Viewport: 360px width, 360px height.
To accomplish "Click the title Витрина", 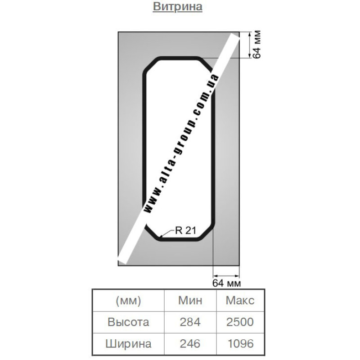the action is coord(177,7).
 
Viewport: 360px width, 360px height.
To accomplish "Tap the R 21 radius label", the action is coord(185,230).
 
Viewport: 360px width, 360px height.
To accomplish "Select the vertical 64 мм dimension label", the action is coord(256,44).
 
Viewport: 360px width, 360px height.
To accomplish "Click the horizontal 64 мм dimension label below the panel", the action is coord(227,283).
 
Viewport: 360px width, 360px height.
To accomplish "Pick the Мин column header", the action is coord(190,300).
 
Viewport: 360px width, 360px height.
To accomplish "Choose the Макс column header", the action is coord(240,300).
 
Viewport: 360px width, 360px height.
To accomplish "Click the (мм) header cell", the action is coord(128,301).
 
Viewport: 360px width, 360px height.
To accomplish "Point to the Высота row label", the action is coord(128,322).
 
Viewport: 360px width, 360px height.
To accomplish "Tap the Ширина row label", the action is coord(128,344).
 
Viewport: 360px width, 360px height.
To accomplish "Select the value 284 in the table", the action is coord(190,322).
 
